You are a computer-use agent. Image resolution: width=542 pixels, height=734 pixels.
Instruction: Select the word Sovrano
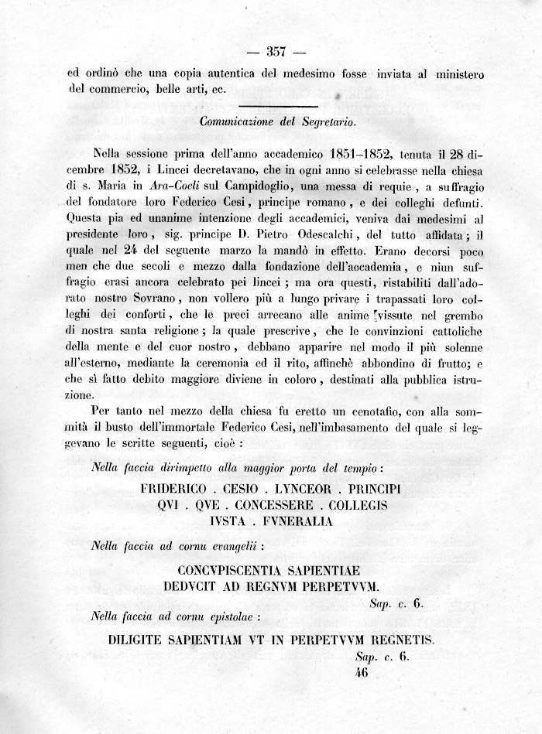[163, 302]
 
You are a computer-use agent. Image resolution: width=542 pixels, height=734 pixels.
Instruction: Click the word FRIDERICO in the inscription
[174, 490]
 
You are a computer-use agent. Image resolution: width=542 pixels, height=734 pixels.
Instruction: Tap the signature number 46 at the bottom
[361, 673]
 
